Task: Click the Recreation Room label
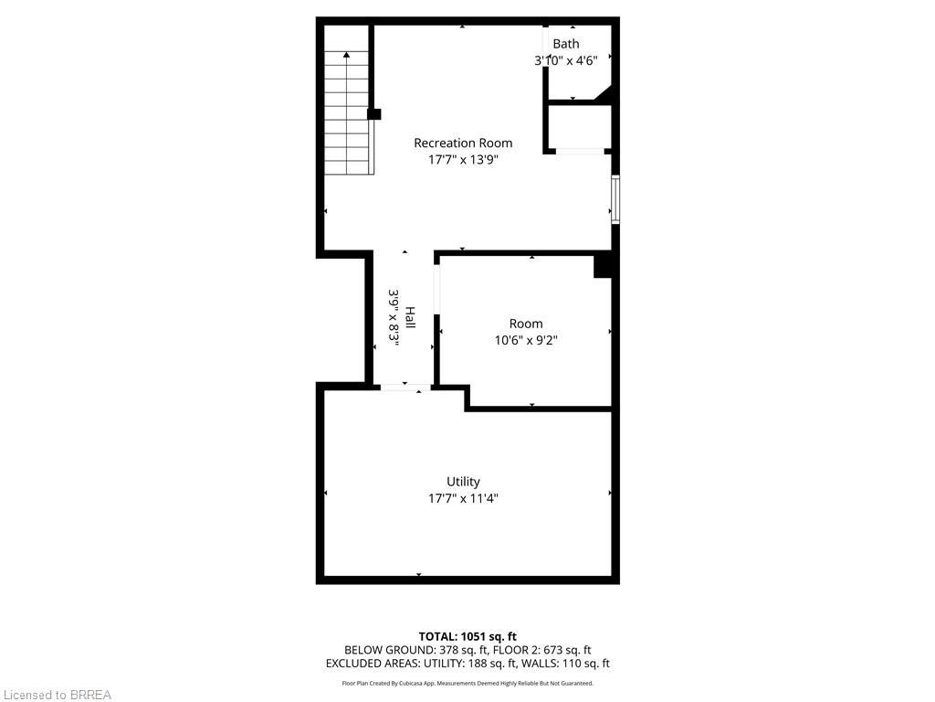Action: pyautogui.click(x=463, y=143)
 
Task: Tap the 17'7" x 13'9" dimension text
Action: pyautogui.click(x=463, y=159)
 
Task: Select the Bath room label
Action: pyautogui.click(x=565, y=44)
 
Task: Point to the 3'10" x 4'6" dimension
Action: pyautogui.click(x=565, y=61)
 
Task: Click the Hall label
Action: pyautogui.click(x=411, y=317)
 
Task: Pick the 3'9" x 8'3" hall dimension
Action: pyautogui.click(x=394, y=317)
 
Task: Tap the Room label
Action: pyautogui.click(x=526, y=324)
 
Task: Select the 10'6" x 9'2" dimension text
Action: pyautogui.click(x=526, y=340)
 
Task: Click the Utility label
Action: pyautogui.click(x=463, y=482)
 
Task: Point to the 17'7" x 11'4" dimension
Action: pyautogui.click(x=463, y=498)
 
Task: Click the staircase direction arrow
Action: pyautogui.click(x=347, y=57)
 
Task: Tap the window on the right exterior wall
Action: pyautogui.click(x=615, y=199)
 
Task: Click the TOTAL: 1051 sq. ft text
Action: pyautogui.click(x=467, y=636)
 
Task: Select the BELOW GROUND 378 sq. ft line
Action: pyautogui.click(x=467, y=650)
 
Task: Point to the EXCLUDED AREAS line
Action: pyautogui.click(x=467, y=664)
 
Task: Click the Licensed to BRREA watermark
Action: pyautogui.click(x=56, y=695)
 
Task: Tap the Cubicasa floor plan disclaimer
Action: pyautogui.click(x=467, y=683)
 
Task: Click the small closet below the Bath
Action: pyautogui.click(x=578, y=126)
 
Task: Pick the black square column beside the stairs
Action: pyautogui.click(x=373, y=114)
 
